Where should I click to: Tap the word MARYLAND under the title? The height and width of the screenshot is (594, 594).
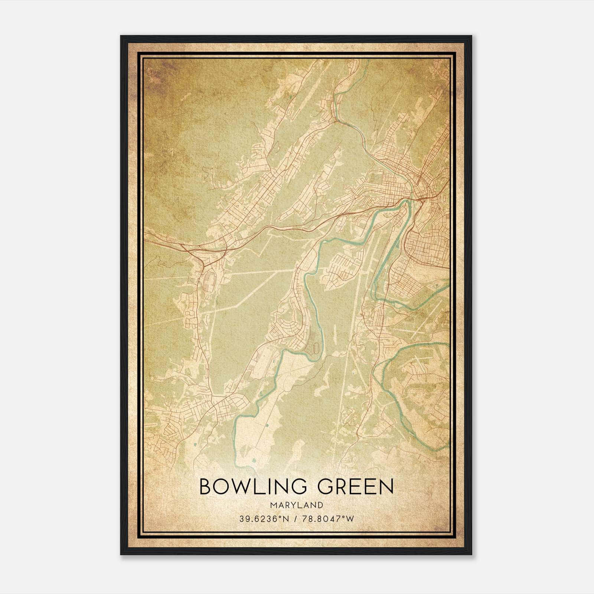click(296, 505)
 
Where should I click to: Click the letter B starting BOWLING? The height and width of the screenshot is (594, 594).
click(206, 487)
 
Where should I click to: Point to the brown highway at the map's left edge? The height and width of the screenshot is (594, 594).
click(148, 236)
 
